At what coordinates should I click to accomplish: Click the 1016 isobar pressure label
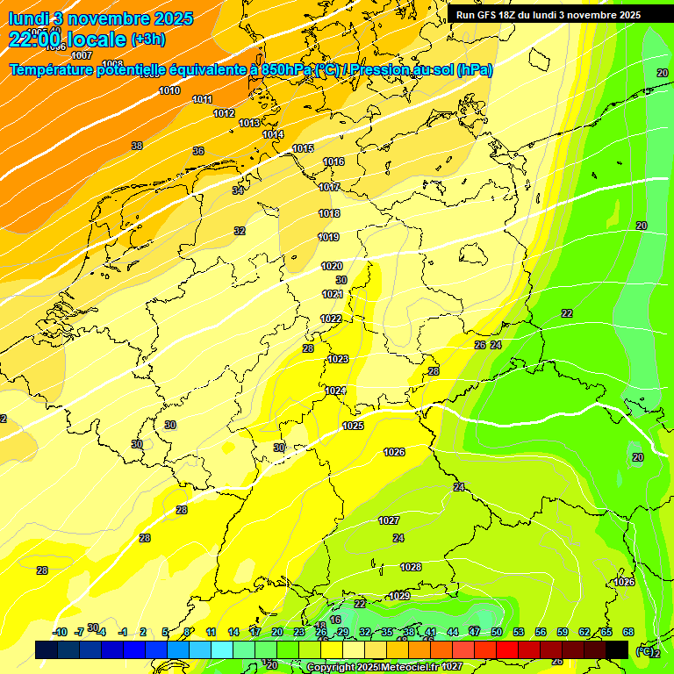coord(333,161)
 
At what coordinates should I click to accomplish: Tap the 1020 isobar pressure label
coord(332,266)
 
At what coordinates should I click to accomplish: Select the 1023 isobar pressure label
coord(338,359)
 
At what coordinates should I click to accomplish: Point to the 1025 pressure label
coord(353,426)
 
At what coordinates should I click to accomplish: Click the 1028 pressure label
coord(411,567)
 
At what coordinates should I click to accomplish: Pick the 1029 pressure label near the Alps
coord(399,596)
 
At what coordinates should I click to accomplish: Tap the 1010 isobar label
coord(169,90)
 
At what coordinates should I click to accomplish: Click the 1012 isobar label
coord(224,113)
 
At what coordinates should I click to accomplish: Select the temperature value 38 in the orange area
coord(137,146)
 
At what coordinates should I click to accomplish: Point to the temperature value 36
coord(198,151)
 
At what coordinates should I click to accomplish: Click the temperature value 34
coord(238,190)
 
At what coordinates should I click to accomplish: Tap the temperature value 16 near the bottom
coord(334,620)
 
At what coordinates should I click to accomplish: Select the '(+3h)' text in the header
coord(147,39)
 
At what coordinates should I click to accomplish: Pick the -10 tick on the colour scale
coord(60,632)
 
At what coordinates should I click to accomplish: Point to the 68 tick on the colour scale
coord(628,632)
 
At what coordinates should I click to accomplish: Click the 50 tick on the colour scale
coord(497,632)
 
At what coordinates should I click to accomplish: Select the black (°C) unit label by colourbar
coord(645,650)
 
